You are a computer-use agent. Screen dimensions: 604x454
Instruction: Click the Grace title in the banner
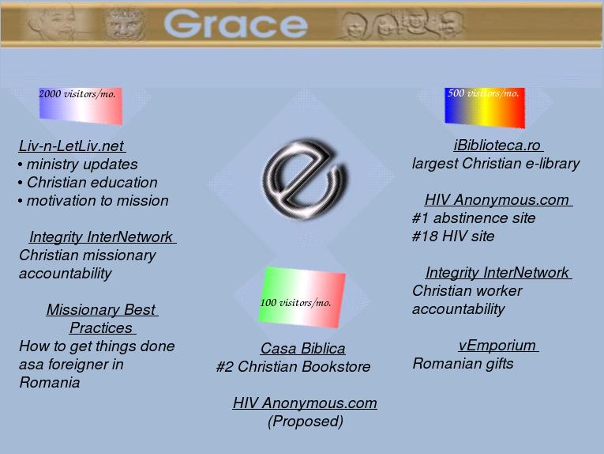point(236,24)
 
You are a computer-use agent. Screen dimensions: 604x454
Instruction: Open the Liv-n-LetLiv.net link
point(72,146)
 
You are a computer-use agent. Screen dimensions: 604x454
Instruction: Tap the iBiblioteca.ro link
point(497,145)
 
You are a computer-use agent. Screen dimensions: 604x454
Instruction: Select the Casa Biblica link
point(302,348)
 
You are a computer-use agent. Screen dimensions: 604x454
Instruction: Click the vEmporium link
point(497,345)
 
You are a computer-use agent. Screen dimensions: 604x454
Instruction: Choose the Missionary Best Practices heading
point(102,319)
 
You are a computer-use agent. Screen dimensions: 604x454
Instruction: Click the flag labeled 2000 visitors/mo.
point(81,106)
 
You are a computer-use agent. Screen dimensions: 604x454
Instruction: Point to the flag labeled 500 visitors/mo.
point(485,108)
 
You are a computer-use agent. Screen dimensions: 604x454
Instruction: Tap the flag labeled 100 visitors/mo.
point(302,297)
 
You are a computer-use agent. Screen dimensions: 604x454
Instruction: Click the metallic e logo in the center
point(303,180)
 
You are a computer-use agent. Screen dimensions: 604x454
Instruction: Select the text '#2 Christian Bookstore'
point(293,366)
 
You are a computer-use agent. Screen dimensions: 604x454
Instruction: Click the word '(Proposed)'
point(306,422)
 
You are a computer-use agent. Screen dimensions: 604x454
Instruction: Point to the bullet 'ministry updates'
point(78,165)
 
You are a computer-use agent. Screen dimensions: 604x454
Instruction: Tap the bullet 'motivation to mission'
point(93,201)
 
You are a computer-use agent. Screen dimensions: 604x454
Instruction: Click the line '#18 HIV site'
point(453,236)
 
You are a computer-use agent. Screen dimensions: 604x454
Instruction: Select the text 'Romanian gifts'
point(463,363)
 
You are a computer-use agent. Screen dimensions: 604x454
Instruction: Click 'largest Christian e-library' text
point(496,164)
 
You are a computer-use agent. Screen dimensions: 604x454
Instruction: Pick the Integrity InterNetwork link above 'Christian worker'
point(497,272)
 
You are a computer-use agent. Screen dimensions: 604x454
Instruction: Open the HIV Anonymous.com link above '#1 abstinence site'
point(497,200)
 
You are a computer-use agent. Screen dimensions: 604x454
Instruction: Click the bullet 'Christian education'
point(88,183)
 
